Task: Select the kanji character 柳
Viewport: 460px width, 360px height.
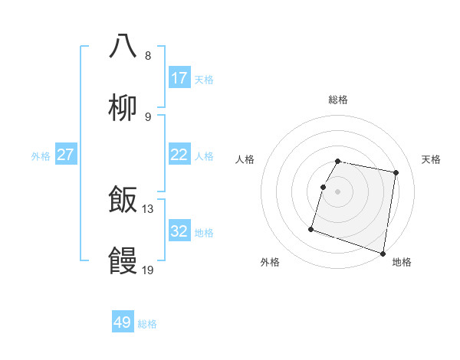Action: pyautogui.click(x=123, y=108)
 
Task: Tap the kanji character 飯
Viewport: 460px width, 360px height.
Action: pyautogui.click(x=123, y=201)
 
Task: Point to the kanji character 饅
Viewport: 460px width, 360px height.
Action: pyautogui.click(x=123, y=261)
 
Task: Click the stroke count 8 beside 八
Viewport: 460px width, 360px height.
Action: pyautogui.click(x=148, y=55)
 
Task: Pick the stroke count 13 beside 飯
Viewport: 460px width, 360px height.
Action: pyautogui.click(x=148, y=208)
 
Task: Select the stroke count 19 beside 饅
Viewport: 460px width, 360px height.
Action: pyautogui.click(x=148, y=269)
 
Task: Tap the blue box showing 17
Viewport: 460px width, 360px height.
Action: pyautogui.click(x=179, y=78)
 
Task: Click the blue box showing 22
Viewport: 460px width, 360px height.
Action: pyautogui.click(x=179, y=155)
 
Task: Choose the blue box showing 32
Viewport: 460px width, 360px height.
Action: pyautogui.click(x=179, y=231)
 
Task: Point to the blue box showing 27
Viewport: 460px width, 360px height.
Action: pyautogui.click(x=66, y=155)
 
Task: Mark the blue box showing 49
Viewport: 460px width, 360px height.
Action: pyautogui.click(x=123, y=322)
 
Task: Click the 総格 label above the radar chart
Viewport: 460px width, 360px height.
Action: pyautogui.click(x=338, y=100)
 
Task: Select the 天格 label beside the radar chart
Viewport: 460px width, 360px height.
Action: pyautogui.click(x=432, y=159)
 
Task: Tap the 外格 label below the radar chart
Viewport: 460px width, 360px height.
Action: pyautogui.click(x=270, y=262)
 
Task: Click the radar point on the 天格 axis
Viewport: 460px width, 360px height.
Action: pyautogui.click(x=396, y=173)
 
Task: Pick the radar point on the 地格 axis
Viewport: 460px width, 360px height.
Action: pyautogui.click(x=383, y=253)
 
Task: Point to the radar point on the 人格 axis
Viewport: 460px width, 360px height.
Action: pyautogui.click(x=323, y=187)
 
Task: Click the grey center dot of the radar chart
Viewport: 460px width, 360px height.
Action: pyautogui.click(x=338, y=191)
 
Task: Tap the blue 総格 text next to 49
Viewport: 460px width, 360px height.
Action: pyautogui.click(x=147, y=324)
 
